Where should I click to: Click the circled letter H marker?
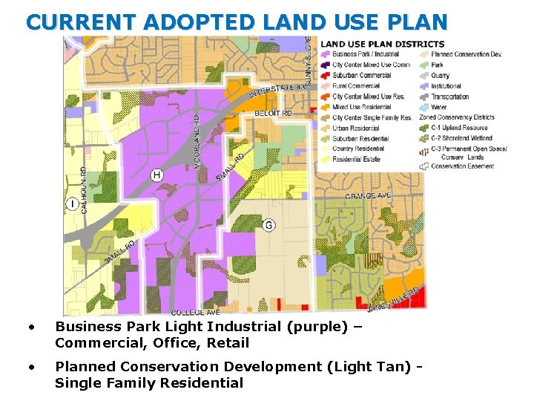click(156, 175)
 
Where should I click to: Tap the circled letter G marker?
click(268, 225)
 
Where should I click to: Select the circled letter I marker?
click(72, 204)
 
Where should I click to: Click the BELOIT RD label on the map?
click(273, 113)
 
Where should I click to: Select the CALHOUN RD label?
click(84, 190)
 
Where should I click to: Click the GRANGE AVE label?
click(368, 195)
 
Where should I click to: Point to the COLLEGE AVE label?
click(195, 313)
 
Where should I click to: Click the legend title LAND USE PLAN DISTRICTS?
click(383, 45)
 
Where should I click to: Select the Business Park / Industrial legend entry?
click(366, 54)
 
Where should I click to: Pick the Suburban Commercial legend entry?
click(362, 75)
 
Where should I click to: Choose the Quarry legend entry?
click(440, 75)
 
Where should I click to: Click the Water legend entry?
click(439, 107)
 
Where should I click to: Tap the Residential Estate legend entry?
click(357, 159)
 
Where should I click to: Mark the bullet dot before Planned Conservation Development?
click(30, 366)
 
